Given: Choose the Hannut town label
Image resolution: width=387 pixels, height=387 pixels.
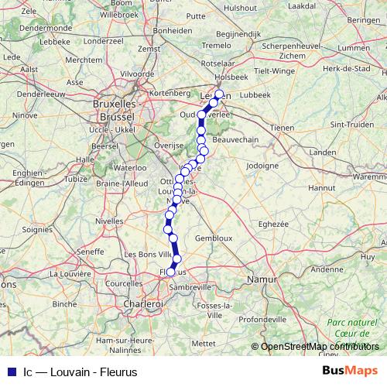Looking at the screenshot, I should point(320,187).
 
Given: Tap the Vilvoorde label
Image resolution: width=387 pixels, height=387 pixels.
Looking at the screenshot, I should point(137,74).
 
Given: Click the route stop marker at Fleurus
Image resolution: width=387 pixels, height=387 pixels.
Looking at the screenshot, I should point(171,272).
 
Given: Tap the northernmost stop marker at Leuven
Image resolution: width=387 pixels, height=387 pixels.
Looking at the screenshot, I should point(218,94).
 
